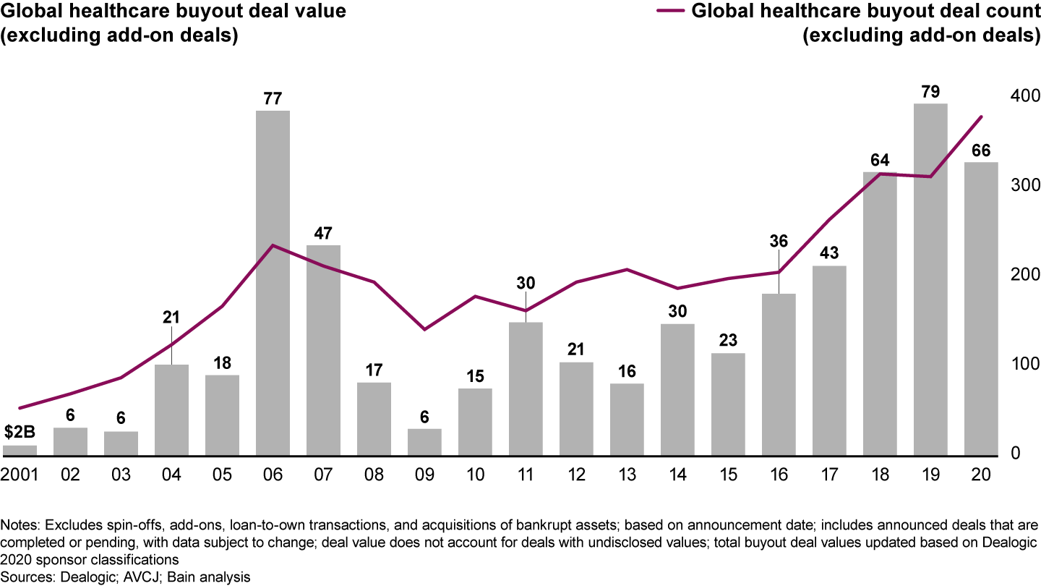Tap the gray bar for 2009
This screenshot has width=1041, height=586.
coord(424,442)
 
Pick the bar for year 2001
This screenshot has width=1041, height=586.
coord(20,451)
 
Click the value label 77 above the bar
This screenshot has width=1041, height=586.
coord(273,98)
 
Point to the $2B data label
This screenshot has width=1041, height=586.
coord(20,433)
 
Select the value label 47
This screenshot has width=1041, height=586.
coord(323,233)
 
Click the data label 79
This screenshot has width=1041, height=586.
coord(930,92)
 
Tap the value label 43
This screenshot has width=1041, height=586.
coord(829,254)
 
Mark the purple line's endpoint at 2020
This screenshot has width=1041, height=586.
coord(981,116)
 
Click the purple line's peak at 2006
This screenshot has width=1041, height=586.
coord(273,245)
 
